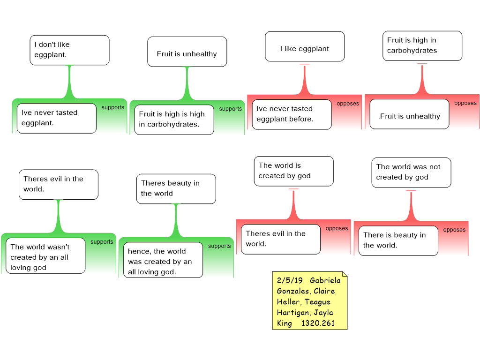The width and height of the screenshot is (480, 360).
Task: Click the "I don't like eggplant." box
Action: (69, 50)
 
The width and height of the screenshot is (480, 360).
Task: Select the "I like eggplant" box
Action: (305, 46)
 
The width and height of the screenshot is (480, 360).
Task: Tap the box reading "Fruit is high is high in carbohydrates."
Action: (174, 120)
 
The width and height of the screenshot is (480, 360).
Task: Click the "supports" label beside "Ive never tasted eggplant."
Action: (113, 107)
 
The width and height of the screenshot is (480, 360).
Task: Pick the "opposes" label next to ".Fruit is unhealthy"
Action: (465, 103)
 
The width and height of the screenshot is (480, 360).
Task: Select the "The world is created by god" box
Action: (293, 171)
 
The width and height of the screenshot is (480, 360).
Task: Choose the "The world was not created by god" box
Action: (411, 172)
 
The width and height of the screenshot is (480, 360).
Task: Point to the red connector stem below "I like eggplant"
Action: (305, 80)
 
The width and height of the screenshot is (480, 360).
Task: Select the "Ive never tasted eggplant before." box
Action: (292, 114)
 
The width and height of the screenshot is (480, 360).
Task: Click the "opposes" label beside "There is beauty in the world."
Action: (454, 230)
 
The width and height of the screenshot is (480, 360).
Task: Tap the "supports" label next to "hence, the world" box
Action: (219, 246)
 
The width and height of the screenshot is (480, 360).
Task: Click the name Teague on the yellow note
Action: (317, 302)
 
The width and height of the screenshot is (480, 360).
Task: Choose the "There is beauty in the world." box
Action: (398, 240)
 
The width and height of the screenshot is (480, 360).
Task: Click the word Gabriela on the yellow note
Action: (325, 280)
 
